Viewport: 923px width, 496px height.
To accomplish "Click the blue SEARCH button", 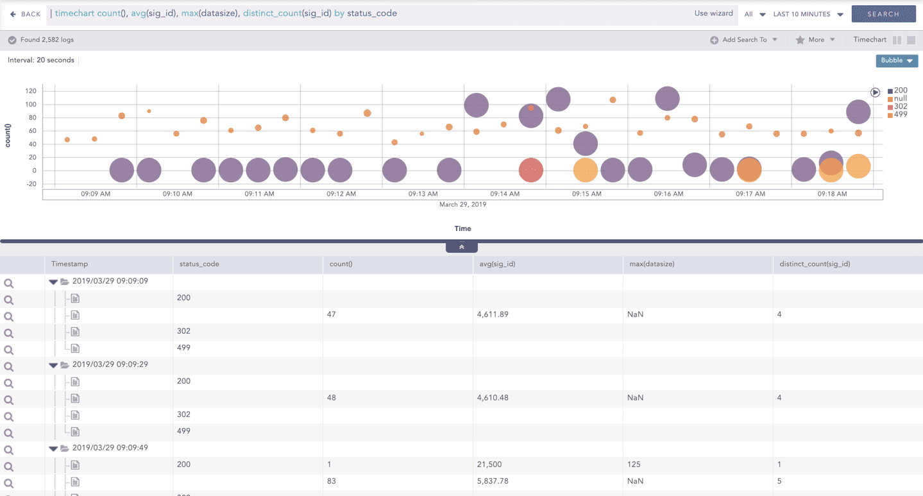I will click(883, 13).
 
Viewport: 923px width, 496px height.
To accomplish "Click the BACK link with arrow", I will click(26, 14).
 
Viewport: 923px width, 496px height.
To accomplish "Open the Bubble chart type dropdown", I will click(896, 60).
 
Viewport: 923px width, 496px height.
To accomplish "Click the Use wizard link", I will click(713, 13).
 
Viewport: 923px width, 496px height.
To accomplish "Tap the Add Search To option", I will click(744, 40).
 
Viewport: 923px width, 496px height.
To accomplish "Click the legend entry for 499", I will click(900, 115).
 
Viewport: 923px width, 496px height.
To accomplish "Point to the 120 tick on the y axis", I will click(31, 91).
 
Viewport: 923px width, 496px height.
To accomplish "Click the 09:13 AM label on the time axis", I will click(423, 194).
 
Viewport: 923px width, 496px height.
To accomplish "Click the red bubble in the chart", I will click(530, 171).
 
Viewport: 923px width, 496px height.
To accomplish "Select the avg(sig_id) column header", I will click(497, 264).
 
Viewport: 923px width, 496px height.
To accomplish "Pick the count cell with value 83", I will click(332, 481).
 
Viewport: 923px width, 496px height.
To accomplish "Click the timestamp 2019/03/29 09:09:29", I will click(110, 364).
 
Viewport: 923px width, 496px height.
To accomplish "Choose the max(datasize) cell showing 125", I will click(633, 465).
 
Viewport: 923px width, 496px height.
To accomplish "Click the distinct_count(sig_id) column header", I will click(815, 264).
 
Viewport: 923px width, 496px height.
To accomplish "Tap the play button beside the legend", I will click(875, 92).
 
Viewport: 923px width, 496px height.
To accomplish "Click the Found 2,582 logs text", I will click(47, 40).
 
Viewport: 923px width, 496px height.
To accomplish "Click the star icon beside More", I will click(800, 40).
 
